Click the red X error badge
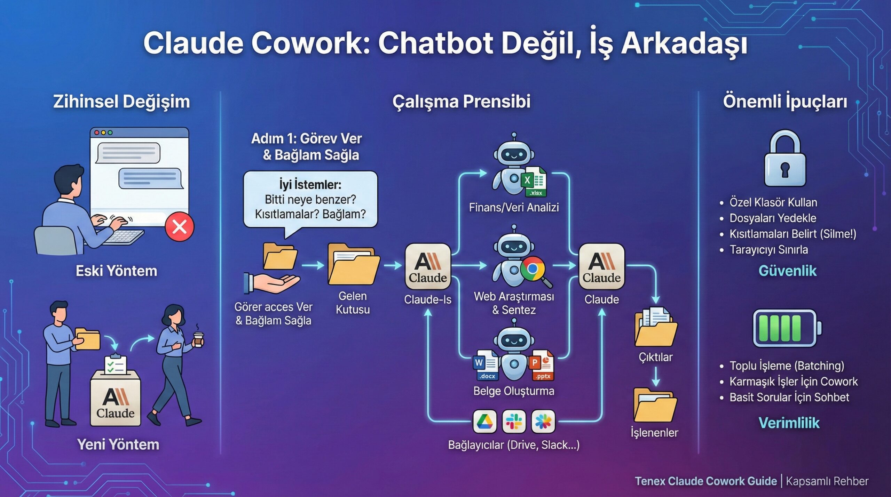point(180,227)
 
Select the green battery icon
point(787,328)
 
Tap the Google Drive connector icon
point(485,422)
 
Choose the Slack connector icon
point(514,422)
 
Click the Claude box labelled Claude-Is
point(428,266)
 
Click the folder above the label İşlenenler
point(655,405)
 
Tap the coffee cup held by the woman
point(198,339)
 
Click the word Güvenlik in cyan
point(787,271)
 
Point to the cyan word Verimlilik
point(789,423)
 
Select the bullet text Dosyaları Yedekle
point(773,218)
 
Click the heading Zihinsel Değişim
point(121,102)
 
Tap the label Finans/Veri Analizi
point(514,208)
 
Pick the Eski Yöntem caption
point(117,271)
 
